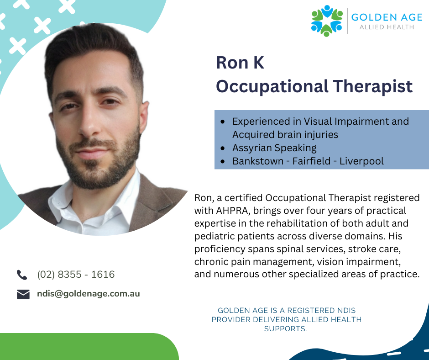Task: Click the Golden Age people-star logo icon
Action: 327,21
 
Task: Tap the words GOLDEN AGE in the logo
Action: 387,17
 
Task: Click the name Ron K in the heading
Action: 240,63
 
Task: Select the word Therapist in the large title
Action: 373,86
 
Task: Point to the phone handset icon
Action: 22,275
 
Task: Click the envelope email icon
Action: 23,294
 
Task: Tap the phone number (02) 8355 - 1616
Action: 76,274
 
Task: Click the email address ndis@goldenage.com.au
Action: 89,294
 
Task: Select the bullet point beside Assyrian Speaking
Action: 223,148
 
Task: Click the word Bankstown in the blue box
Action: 258,161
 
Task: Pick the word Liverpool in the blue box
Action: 361,161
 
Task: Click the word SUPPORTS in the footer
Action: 285,328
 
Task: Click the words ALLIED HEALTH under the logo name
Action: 387,27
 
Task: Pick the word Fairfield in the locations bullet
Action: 311,161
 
